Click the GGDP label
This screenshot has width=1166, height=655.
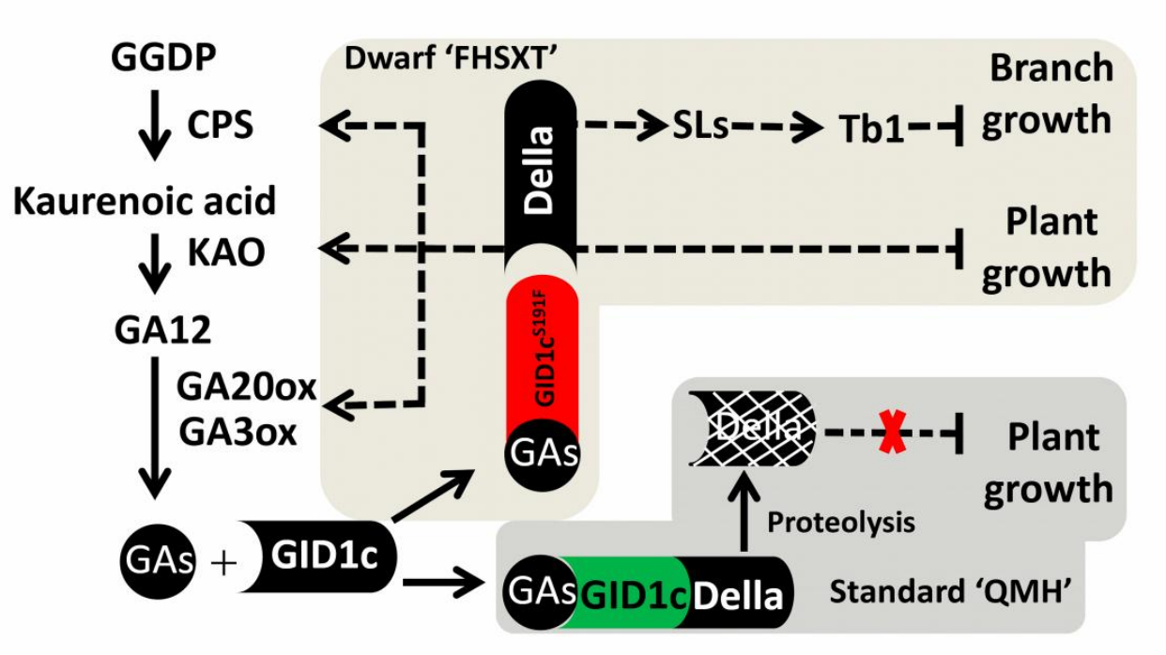163,58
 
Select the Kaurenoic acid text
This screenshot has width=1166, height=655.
145,201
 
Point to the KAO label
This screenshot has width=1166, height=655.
226,251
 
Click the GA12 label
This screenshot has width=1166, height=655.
162,330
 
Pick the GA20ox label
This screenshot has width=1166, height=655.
247,386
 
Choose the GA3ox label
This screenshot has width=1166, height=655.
238,433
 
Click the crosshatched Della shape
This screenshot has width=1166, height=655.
751,428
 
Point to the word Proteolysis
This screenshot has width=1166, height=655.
841,522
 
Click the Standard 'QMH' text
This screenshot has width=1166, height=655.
950,592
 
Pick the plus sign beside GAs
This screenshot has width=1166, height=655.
222,562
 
